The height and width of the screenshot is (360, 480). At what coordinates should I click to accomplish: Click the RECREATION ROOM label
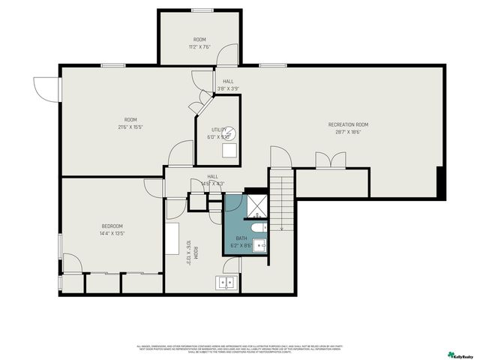point(348,124)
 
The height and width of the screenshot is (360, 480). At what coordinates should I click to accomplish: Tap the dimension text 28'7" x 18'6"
point(348,132)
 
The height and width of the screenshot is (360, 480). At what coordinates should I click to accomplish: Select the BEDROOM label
point(112,226)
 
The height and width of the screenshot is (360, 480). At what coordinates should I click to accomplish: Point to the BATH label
point(241,238)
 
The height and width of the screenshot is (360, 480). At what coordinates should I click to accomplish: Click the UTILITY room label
point(218,130)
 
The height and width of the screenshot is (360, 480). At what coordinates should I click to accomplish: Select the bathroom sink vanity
point(259,244)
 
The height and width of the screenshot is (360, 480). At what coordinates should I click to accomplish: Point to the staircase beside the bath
point(281,202)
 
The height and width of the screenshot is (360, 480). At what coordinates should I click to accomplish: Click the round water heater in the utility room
point(231,132)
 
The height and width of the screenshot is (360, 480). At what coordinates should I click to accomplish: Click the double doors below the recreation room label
point(331,160)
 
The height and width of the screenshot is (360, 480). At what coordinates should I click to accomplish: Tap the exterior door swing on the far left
point(45,88)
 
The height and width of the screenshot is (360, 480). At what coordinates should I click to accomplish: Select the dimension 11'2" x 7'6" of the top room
point(199,46)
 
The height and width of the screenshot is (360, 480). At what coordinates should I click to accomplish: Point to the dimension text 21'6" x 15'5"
point(130,127)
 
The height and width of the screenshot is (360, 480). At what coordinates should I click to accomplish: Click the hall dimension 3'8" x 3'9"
point(228,88)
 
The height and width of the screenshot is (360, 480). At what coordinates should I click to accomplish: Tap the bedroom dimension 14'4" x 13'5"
point(112,233)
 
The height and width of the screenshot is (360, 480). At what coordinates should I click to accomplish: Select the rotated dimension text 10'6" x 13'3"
point(188,253)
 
